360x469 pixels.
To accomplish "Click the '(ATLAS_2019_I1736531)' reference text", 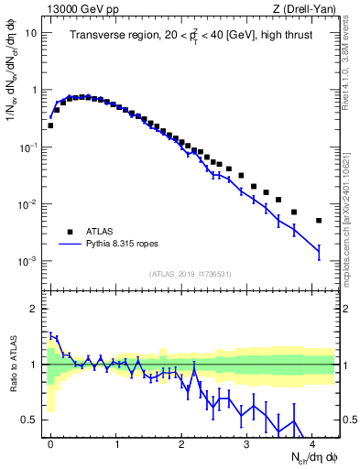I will point(190,274).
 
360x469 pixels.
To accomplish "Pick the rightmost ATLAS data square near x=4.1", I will point(319,221).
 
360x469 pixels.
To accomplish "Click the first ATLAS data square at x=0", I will point(50,125).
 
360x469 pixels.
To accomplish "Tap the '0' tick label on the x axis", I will point(50,442).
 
